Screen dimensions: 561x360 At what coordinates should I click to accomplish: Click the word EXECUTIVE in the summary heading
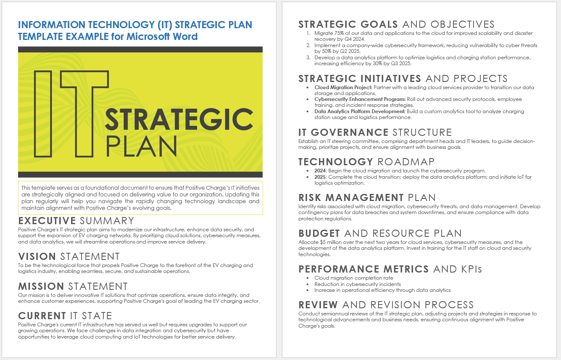click(47, 221)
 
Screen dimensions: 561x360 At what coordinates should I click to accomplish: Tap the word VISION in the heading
click(37, 257)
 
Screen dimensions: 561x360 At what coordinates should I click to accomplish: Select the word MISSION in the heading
click(41, 286)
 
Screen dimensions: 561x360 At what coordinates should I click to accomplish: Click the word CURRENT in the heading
click(42, 316)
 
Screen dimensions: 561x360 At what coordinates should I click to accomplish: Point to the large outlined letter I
click(43, 114)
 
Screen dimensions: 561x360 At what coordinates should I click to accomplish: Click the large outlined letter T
click(84, 114)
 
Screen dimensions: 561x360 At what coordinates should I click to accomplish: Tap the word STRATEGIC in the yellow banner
click(179, 119)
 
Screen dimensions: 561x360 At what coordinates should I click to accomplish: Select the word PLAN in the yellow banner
click(142, 146)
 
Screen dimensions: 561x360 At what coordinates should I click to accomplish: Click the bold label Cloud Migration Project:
click(343, 87)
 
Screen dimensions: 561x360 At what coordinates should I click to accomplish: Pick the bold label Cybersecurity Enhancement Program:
click(360, 99)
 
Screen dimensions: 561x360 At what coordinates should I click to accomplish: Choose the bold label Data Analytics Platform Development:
click(360, 111)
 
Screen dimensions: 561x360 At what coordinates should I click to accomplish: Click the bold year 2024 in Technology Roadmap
click(320, 171)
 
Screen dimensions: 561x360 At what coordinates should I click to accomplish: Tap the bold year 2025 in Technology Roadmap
click(320, 177)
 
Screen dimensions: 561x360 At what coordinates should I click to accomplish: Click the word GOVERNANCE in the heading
click(350, 132)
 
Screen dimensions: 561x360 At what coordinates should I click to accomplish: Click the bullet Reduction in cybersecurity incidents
click(357, 284)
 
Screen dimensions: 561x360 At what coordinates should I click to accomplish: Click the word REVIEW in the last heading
click(318, 305)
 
